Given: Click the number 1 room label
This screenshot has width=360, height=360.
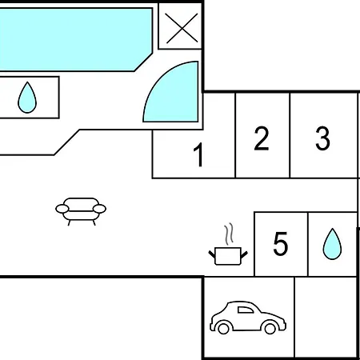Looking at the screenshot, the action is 199,154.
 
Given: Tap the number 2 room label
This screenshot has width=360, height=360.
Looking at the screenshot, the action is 262,138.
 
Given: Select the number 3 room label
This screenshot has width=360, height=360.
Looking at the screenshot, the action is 322,138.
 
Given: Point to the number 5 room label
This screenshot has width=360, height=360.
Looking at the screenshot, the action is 281,244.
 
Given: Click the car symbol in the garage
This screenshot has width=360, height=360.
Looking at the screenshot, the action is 248,318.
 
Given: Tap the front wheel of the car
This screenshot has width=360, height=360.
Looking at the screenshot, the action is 270,328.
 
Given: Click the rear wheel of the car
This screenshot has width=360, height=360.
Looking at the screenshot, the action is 223,328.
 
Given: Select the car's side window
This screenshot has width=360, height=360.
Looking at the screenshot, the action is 246,310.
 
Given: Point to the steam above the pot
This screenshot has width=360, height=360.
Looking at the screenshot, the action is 229,234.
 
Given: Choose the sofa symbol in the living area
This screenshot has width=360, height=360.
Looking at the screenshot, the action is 81,211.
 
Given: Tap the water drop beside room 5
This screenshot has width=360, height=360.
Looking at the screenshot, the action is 332,244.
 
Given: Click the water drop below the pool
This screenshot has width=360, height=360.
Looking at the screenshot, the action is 27,98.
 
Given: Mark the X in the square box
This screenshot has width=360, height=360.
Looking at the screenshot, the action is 182,28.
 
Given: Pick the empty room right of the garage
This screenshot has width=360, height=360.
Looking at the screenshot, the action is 326,317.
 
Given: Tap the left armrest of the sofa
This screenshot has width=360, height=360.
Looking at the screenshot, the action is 62,209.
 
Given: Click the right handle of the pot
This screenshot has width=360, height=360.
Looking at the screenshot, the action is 244,254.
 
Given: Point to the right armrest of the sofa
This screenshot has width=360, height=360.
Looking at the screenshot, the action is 99,209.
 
